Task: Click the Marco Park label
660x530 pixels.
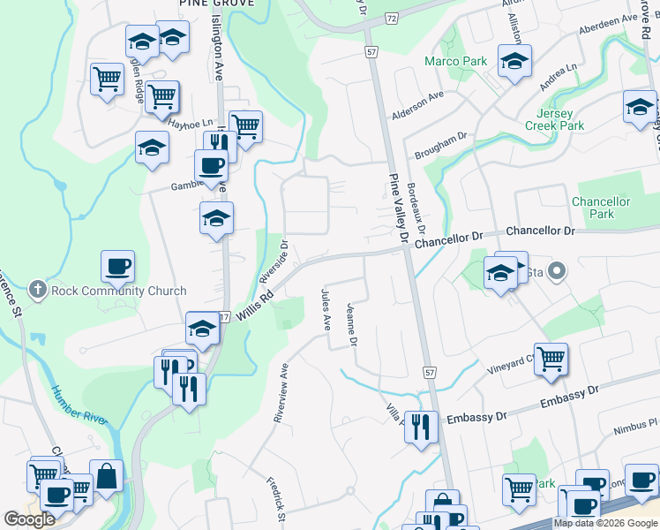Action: [455, 62]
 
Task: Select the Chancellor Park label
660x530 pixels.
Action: [601, 208]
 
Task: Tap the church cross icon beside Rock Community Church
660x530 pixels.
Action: [37, 290]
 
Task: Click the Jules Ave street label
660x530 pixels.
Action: [326, 308]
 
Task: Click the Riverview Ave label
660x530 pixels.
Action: [281, 393]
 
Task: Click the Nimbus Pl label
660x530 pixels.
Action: [630, 426]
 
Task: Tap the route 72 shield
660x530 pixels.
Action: [392, 18]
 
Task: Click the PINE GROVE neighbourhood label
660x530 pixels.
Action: [216, 4]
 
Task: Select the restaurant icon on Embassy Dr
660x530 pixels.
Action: [422, 428]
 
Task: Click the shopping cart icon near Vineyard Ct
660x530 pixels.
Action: [551, 359]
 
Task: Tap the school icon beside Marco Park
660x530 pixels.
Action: [514, 62]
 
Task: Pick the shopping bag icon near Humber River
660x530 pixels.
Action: [107, 476]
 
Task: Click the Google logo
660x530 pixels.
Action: [29, 519]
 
